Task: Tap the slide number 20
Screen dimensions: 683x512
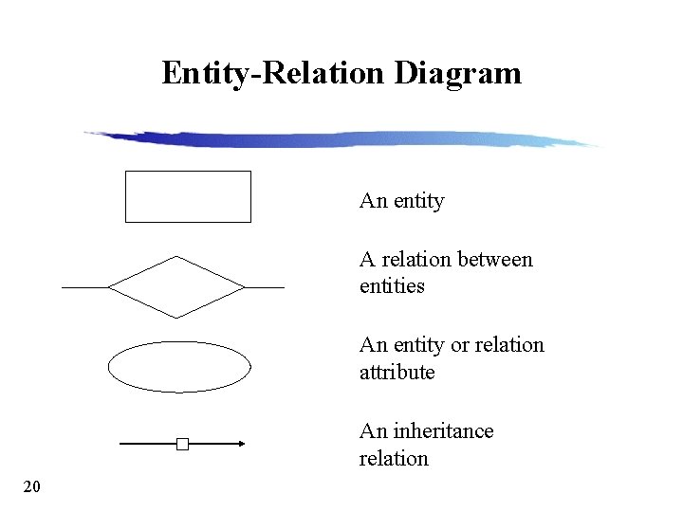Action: (31, 487)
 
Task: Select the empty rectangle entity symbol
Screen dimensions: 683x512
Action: (188, 196)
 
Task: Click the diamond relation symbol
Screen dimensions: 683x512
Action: (176, 286)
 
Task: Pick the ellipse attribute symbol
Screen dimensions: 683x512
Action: (179, 366)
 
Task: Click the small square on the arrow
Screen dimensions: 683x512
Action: (182, 443)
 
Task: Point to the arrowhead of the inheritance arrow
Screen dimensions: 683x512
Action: (241, 443)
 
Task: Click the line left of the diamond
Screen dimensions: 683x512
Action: (84, 286)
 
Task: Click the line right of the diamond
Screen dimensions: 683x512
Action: (265, 286)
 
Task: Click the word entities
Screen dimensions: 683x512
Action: (392, 286)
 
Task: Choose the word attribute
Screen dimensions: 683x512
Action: (397, 373)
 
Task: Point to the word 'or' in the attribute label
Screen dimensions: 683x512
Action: (460, 345)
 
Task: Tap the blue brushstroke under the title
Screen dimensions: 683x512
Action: (341, 139)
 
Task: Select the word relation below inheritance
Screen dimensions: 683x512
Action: (394, 459)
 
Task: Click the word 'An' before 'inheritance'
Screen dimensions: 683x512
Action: (372, 431)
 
